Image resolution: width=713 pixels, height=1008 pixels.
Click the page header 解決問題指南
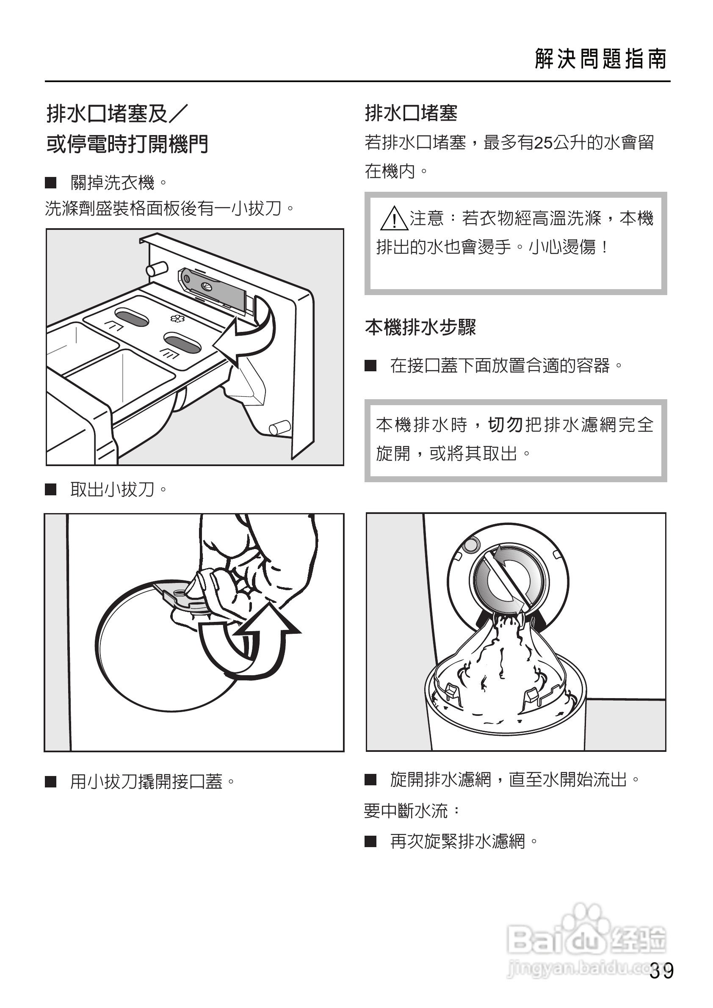pyautogui.click(x=600, y=59)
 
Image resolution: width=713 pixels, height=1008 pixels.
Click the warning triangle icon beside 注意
pyautogui.click(x=394, y=218)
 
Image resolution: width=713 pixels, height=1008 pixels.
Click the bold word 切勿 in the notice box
pyautogui.click(x=505, y=425)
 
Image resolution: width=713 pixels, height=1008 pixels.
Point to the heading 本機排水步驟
pyautogui.click(x=420, y=327)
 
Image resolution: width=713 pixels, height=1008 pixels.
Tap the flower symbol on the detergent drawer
pyautogui.click(x=180, y=318)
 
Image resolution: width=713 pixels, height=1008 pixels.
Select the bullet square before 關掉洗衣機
pyautogui.click(x=51, y=182)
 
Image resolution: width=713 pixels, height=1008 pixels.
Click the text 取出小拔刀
pyautogui.click(x=112, y=489)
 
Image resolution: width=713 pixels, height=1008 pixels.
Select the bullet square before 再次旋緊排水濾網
pyautogui.click(x=370, y=841)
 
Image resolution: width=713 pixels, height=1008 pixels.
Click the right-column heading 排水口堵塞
pyautogui.click(x=411, y=113)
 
